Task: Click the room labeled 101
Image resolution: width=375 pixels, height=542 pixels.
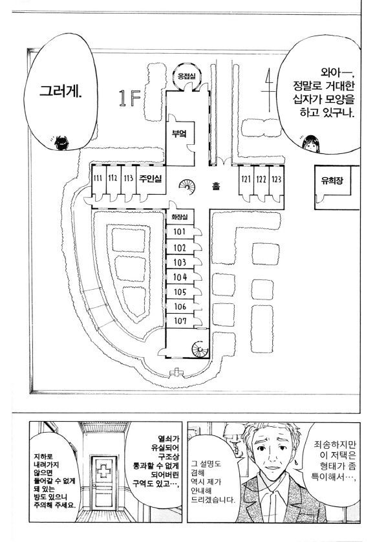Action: pos(179,232)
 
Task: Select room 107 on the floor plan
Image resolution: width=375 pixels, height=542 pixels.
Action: pos(180,321)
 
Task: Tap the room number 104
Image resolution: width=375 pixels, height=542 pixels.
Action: pos(180,277)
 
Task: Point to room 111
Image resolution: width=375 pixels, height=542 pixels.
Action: pos(98,179)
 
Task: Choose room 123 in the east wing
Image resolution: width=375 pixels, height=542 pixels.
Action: pos(277,179)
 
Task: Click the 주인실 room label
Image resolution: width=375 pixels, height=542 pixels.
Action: pos(151,179)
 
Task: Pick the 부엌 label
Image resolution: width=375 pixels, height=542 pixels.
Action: pos(179,134)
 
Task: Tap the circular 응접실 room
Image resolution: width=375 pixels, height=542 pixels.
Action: pos(186,76)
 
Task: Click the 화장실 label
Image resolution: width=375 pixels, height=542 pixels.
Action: pos(180,217)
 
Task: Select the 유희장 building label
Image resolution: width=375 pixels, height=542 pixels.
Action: pos(332,180)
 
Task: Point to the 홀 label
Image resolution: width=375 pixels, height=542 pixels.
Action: pos(216,186)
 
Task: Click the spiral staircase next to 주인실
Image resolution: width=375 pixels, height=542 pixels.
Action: pos(187,187)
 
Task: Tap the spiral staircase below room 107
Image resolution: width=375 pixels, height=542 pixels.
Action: pos(200,349)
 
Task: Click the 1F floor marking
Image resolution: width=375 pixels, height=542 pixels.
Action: pos(129,98)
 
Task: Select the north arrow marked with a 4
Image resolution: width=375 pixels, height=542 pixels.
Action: pos(268,90)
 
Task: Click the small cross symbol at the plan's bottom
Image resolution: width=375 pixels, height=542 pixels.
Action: pos(177,373)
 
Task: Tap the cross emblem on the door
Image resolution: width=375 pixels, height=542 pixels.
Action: pos(103,471)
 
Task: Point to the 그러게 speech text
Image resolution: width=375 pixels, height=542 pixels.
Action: pos(61,91)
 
